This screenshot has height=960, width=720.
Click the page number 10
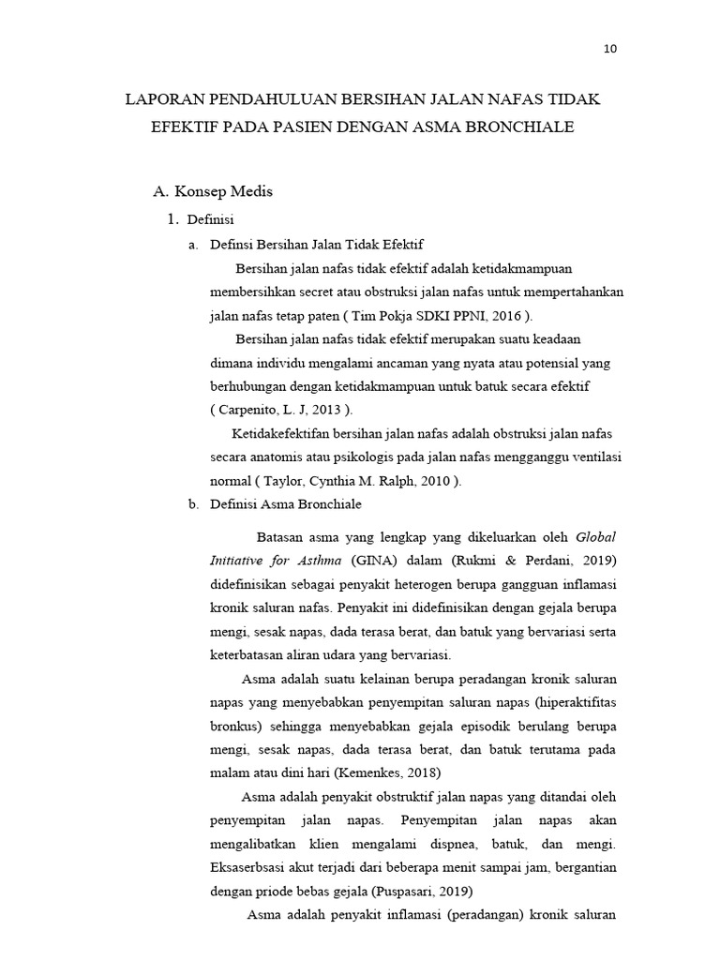click(609, 50)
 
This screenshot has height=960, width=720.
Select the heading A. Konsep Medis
click(213, 192)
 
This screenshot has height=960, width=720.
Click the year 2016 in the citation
click(508, 315)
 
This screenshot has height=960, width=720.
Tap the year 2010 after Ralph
click(438, 481)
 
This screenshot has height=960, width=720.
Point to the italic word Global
click(596, 537)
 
